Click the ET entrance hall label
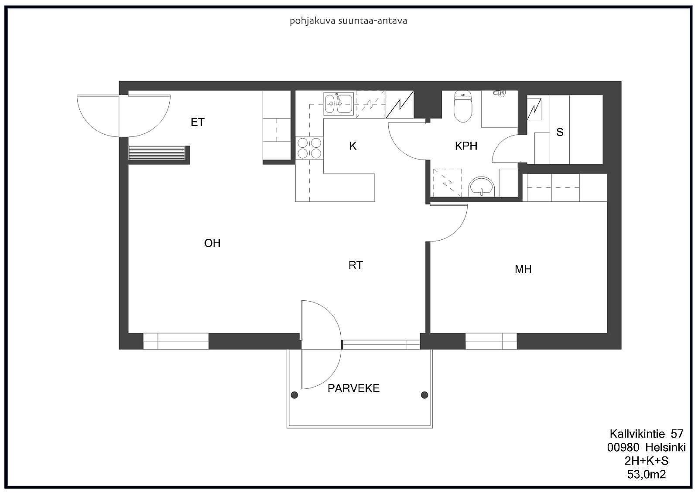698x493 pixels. click(x=198, y=122)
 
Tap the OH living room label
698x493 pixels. click(x=212, y=243)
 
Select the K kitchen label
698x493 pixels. click(x=353, y=146)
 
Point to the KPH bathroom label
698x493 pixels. click(x=466, y=146)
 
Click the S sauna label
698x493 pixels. click(x=560, y=132)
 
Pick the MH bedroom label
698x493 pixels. click(x=523, y=269)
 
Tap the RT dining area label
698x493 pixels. click(x=356, y=265)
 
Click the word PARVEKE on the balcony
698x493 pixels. click(x=353, y=388)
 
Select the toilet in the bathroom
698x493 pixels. click(x=463, y=107)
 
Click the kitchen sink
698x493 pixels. click(x=339, y=103)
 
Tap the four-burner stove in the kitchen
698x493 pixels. click(x=309, y=147)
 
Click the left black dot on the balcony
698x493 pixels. click(x=294, y=395)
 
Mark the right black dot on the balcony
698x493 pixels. click(x=424, y=395)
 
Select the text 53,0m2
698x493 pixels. click(x=647, y=475)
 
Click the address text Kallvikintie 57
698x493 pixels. click(x=646, y=434)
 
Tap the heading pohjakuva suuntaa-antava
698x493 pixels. click(x=348, y=21)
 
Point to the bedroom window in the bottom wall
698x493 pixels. click(x=491, y=341)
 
